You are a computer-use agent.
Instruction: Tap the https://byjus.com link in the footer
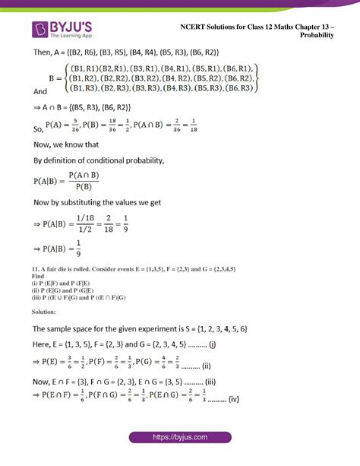coord(180,438)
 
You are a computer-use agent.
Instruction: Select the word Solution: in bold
coord(43,312)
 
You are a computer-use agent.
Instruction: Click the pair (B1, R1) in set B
coord(90,67)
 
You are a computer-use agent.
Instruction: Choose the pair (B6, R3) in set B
coord(231,89)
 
